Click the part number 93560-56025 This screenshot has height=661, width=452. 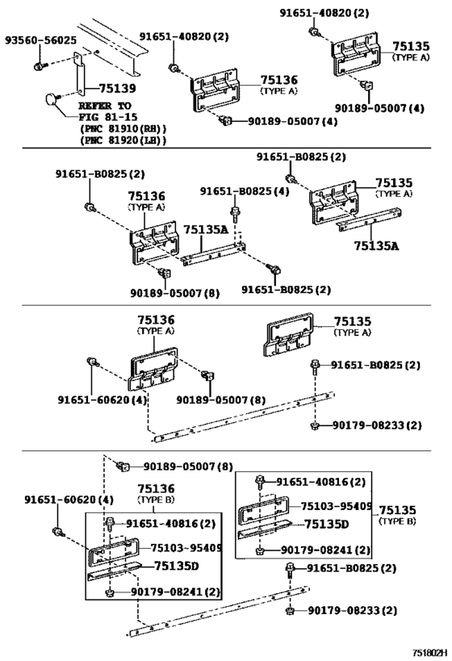(x=41, y=40)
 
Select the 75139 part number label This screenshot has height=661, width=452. (x=118, y=88)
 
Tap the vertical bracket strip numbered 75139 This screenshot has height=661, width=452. (x=80, y=74)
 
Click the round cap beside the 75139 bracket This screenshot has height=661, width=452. (x=52, y=100)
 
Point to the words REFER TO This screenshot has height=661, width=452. (x=106, y=106)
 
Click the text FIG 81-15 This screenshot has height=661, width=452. (x=108, y=117)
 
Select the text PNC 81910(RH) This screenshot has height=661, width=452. (x=123, y=128)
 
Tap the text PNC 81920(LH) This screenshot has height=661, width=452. (x=123, y=140)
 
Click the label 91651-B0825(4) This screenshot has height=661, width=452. (x=245, y=191)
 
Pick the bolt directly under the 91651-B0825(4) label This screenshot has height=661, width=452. (x=235, y=213)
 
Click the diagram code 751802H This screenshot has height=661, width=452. (x=429, y=653)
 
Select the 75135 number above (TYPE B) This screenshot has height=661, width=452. (x=397, y=510)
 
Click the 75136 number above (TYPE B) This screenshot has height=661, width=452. (x=156, y=488)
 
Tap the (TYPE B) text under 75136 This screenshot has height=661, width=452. (x=156, y=500)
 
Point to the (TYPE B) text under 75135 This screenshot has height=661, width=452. (x=397, y=521)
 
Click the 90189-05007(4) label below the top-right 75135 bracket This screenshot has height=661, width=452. (x=379, y=108)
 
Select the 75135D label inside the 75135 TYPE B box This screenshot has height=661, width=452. (x=327, y=525)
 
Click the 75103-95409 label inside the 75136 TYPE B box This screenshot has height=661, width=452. (x=186, y=547)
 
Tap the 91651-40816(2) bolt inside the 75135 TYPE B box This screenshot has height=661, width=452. (x=260, y=481)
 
